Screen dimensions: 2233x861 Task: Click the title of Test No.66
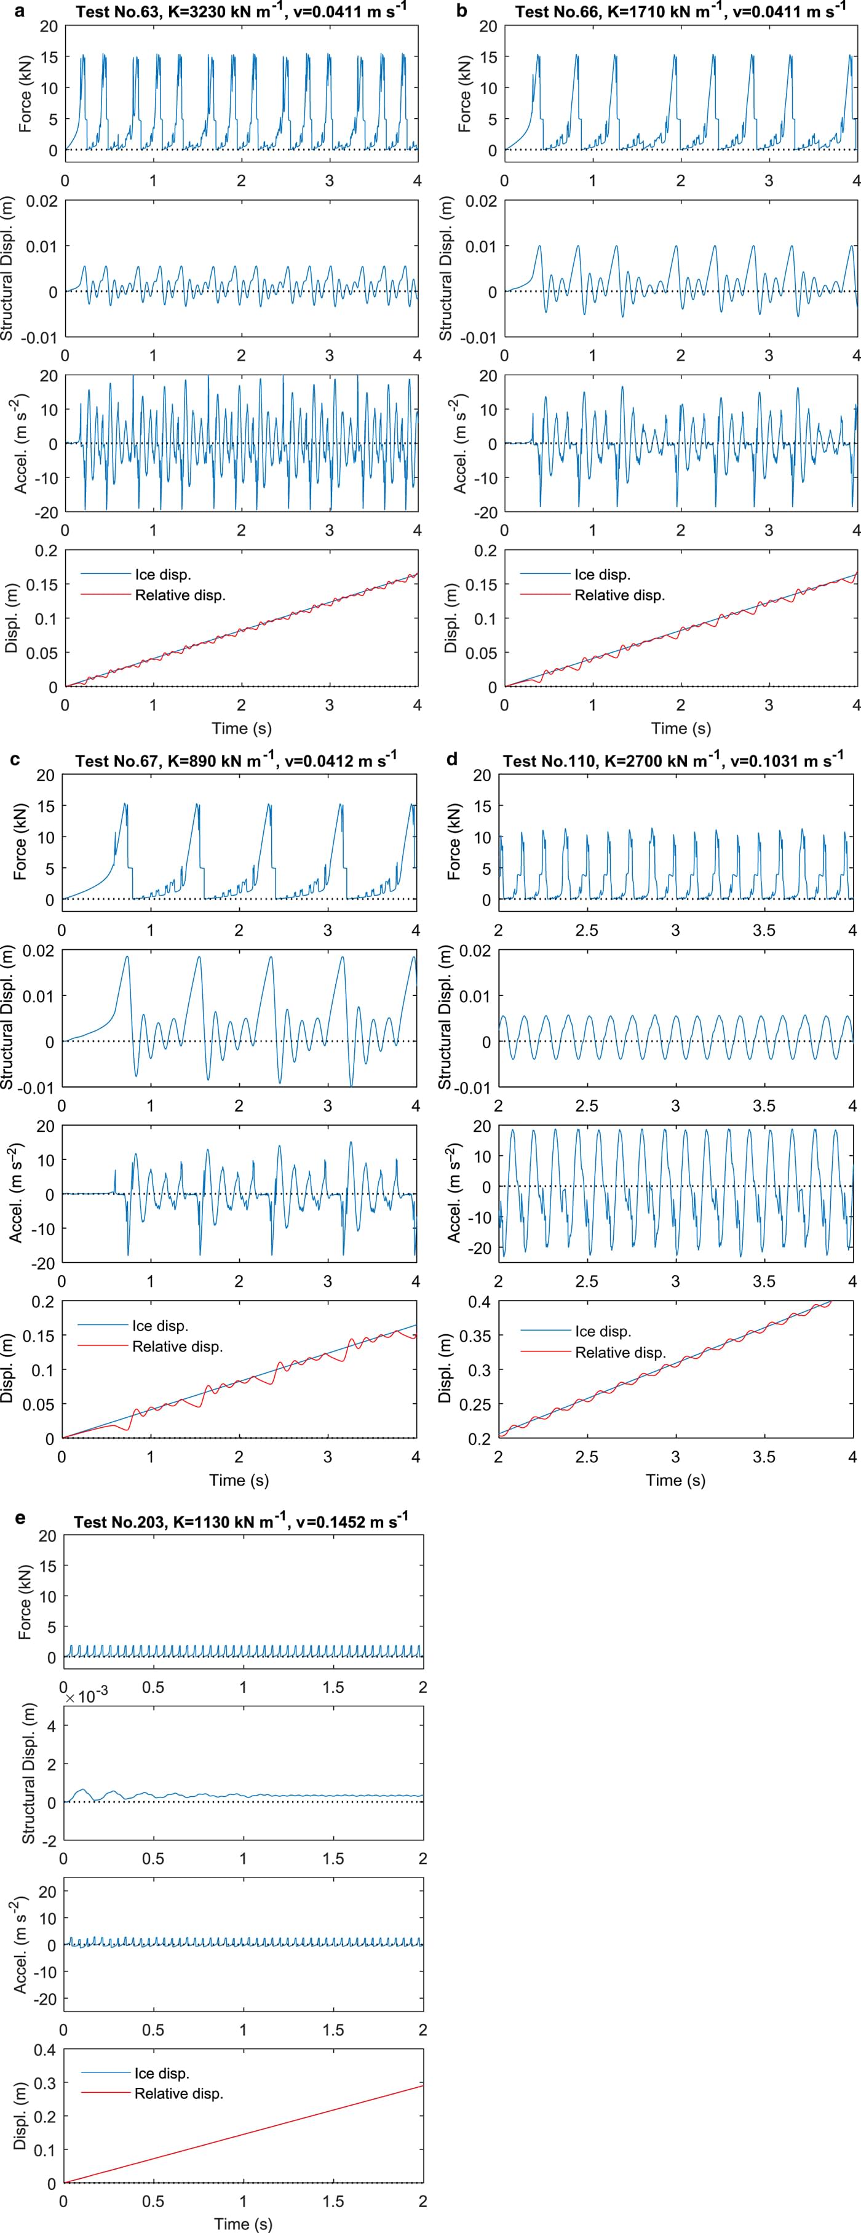681,10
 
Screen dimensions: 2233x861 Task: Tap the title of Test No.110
672,760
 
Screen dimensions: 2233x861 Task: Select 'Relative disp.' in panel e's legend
178,2093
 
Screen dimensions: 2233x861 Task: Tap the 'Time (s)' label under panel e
243,2223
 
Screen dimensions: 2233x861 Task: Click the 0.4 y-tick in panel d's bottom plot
478,1301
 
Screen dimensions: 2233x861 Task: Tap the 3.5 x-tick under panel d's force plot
764,930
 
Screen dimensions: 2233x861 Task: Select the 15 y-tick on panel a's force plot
49,57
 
